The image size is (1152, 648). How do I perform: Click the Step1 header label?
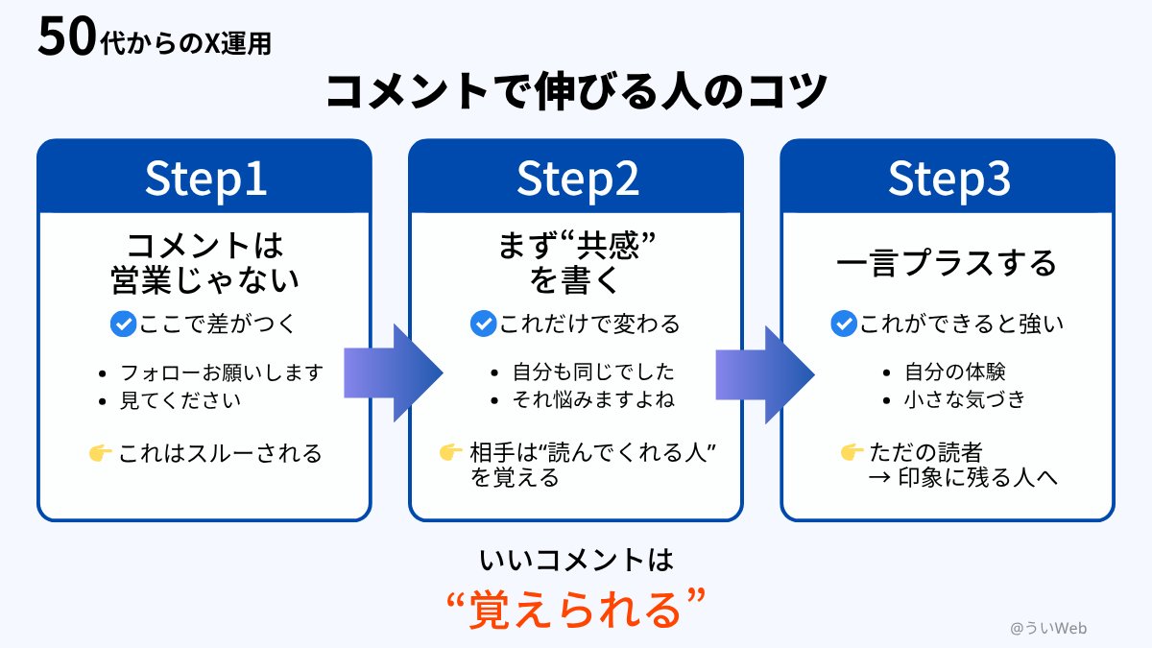click(204, 178)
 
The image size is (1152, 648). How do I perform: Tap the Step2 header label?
click(576, 178)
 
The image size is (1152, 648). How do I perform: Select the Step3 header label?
click(948, 178)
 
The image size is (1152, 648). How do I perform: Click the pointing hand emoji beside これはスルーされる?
click(100, 453)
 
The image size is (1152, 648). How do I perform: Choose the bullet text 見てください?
click(180, 400)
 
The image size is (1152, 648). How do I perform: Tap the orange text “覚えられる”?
click(577, 609)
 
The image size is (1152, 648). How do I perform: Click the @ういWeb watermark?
click(1048, 628)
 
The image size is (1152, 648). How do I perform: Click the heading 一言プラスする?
click(947, 263)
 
